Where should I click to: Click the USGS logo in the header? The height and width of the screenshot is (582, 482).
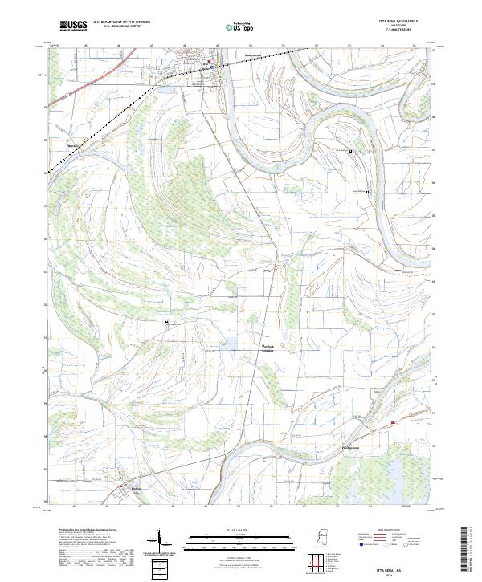pyautogui.click(x=73, y=26)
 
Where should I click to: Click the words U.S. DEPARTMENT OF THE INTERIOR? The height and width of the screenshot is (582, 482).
pyautogui.click(x=121, y=22)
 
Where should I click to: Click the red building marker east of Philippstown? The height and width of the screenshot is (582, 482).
pyautogui.click(x=392, y=423)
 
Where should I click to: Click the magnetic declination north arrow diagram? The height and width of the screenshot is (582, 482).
pyautogui.click(x=159, y=543)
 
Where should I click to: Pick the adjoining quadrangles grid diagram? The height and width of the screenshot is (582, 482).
pyautogui.click(x=320, y=564)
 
